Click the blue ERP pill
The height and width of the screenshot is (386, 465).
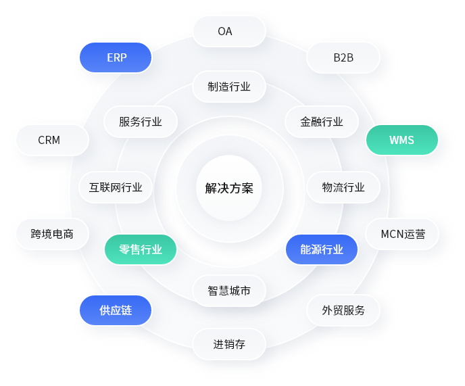tap(116, 57)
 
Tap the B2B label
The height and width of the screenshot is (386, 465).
tap(343, 57)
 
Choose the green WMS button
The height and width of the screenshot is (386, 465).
tap(401, 141)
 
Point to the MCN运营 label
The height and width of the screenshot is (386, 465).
tap(403, 235)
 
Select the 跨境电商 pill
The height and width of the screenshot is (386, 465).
tap(51, 235)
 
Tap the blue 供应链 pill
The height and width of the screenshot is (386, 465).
tap(116, 310)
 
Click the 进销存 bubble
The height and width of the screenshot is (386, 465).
tap(229, 344)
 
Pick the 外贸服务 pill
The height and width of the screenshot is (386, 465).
tap(343, 310)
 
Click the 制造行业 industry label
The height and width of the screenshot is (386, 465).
tap(229, 87)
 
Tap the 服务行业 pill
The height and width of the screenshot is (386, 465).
tap(141, 122)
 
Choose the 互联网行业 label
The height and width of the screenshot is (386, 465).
tap(116, 187)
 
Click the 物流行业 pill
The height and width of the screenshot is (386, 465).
tap(343, 187)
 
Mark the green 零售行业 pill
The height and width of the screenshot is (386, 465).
tap(141, 249)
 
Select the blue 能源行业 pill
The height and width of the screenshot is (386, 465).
tap(322, 249)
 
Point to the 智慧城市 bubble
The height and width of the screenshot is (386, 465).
tap(229, 291)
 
